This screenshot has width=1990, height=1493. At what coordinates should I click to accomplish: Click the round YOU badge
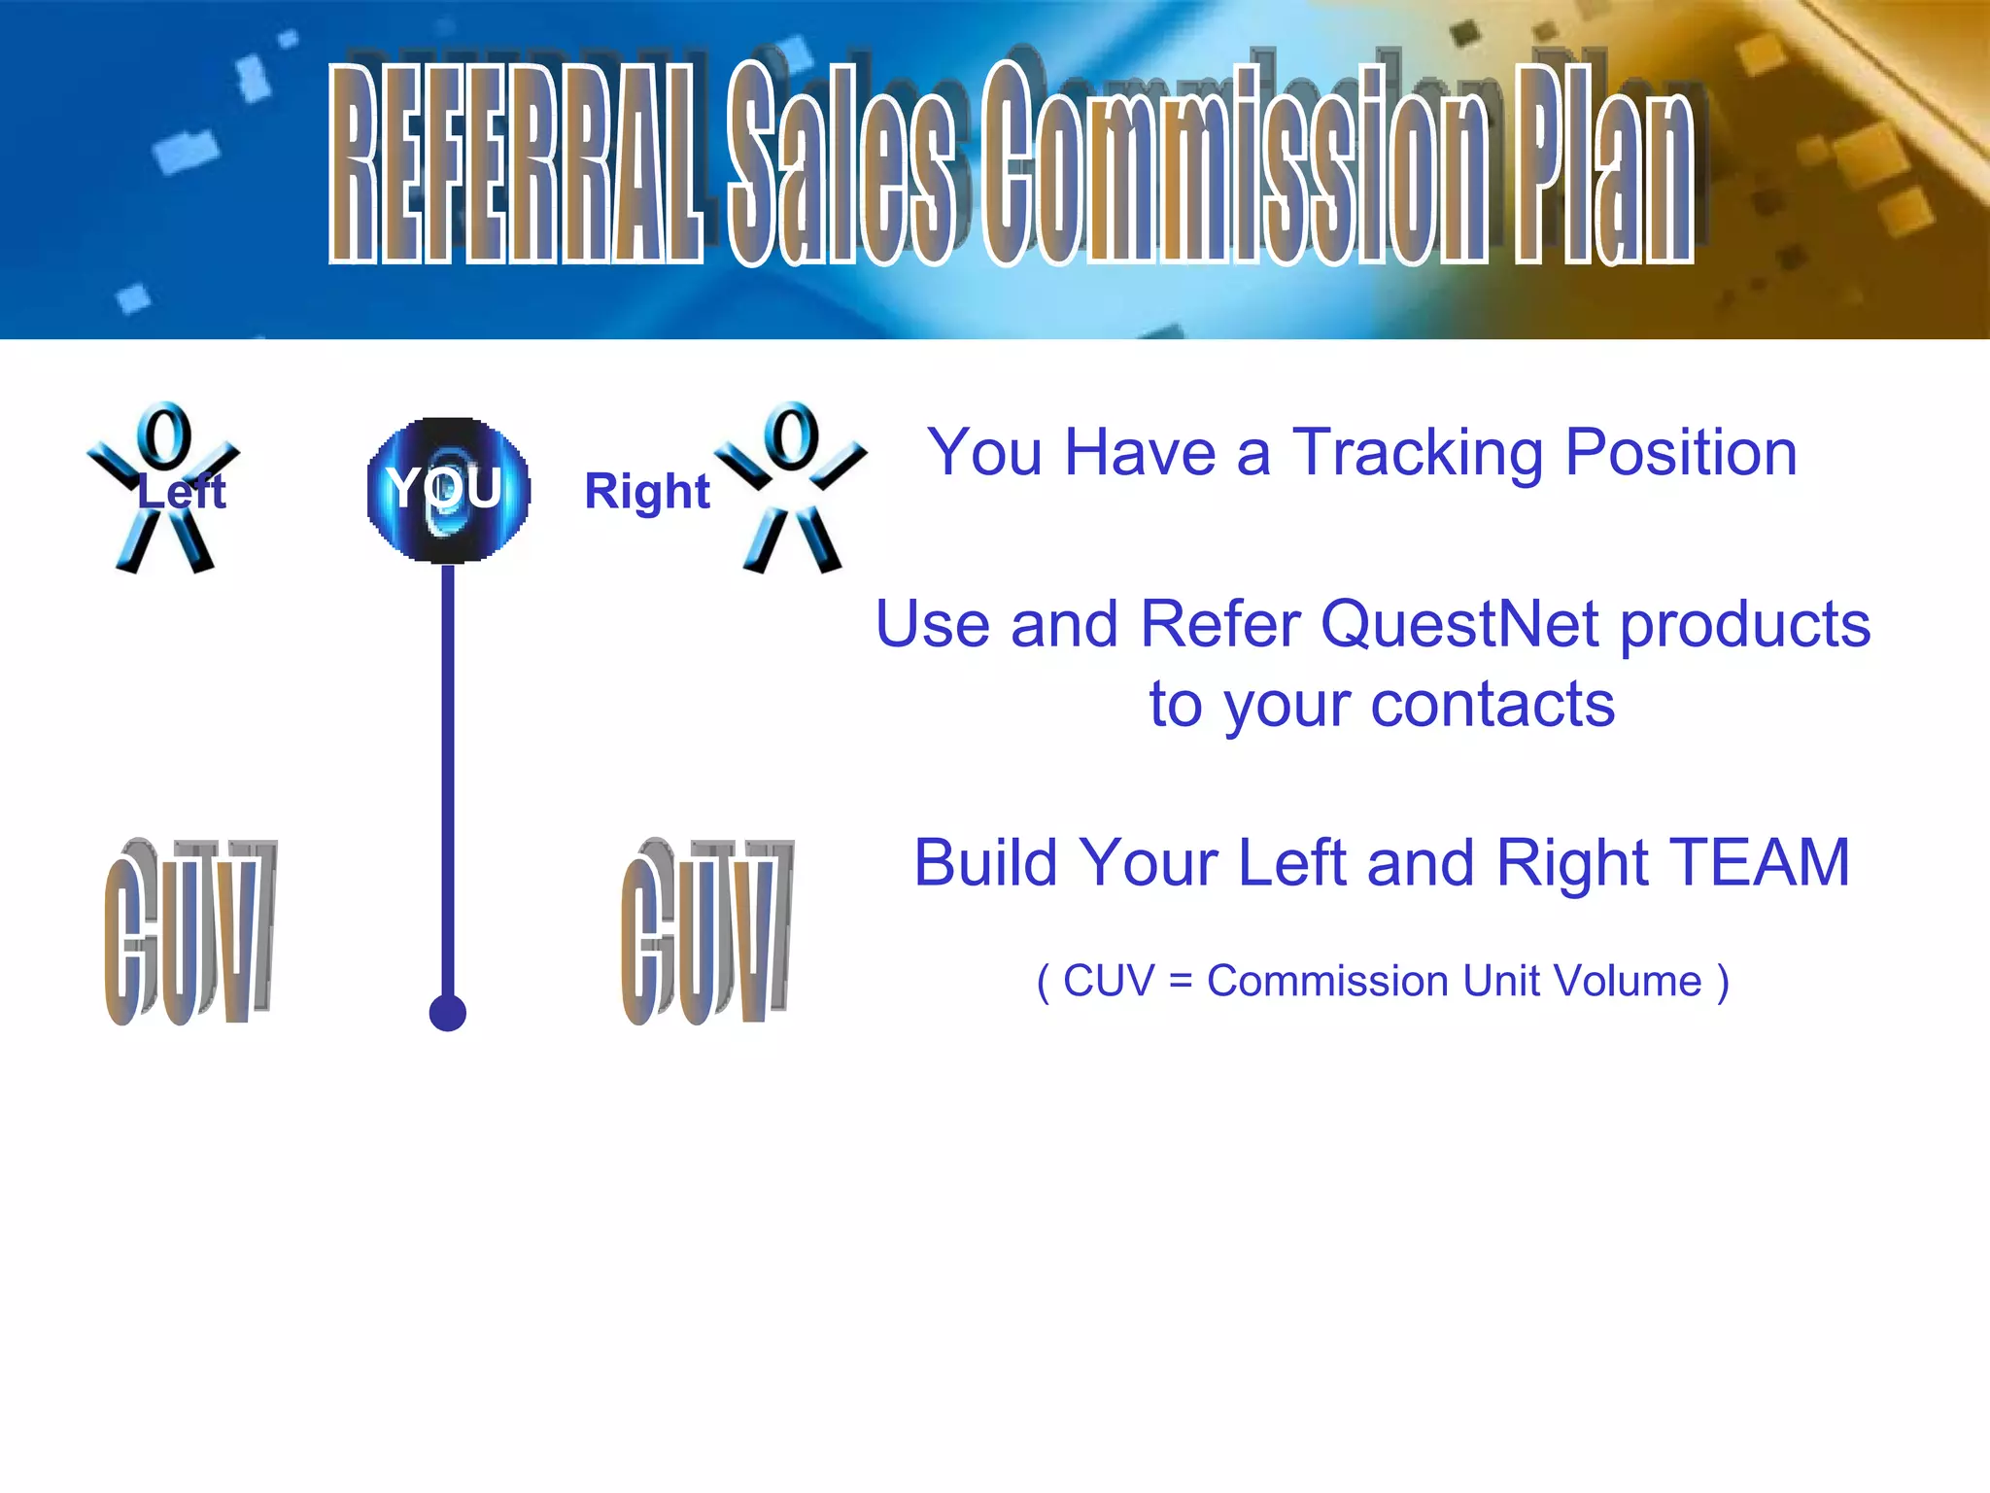pyautogui.click(x=448, y=489)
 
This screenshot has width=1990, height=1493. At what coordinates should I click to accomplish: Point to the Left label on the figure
pyautogui.click(x=182, y=492)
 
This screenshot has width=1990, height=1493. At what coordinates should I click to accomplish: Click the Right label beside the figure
pyautogui.click(x=647, y=491)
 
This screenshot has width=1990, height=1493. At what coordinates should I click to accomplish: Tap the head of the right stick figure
pyautogui.click(x=791, y=436)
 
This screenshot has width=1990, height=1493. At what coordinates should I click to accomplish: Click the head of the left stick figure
pyautogui.click(x=163, y=436)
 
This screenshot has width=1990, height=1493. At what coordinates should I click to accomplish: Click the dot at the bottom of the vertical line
pyautogui.click(x=448, y=1013)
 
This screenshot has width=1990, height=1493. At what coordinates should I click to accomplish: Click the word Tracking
pyautogui.click(x=1417, y=453)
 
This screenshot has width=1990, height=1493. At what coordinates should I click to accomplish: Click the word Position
pyautogui.click(x=1681, y=453)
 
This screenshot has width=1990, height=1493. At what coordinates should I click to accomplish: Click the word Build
pyautogui.click(x=986, y=863)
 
